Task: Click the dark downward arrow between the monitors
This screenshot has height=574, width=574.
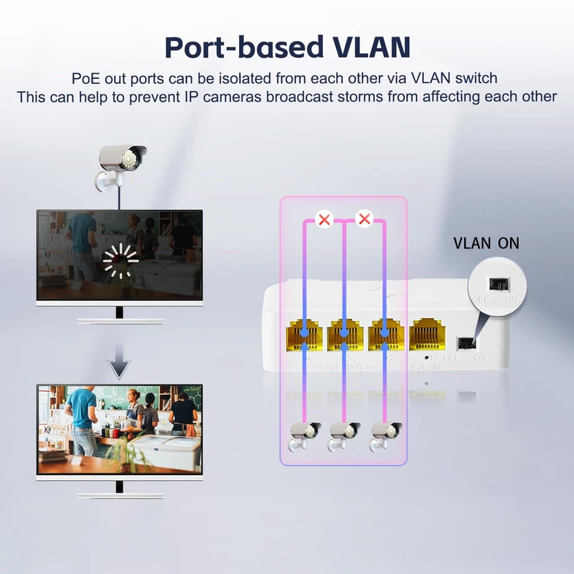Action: [119, 367]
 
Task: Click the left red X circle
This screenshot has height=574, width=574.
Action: [324, 219]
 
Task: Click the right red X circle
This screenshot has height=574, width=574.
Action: [365, 219]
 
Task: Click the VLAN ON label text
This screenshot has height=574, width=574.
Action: [486, 243]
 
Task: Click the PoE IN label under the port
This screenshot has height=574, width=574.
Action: [424, 366]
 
